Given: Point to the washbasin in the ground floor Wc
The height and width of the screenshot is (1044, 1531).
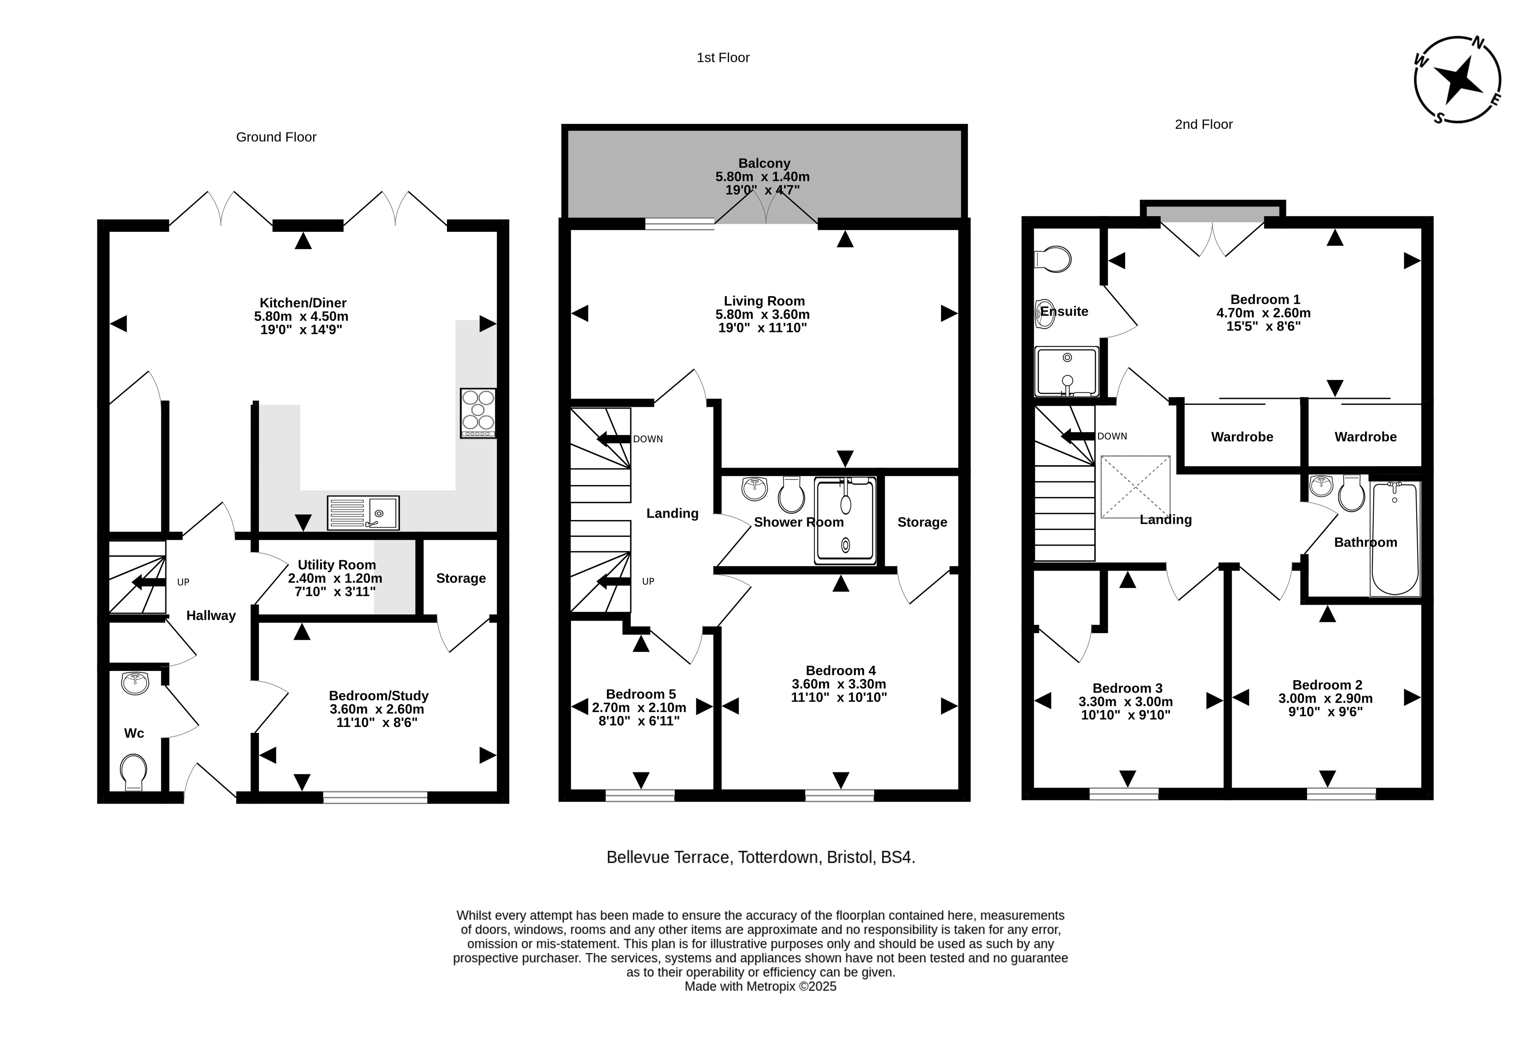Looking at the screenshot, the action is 135,683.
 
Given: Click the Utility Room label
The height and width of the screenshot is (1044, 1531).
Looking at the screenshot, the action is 337,565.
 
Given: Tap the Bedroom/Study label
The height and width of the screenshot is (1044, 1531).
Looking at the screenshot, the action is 379,695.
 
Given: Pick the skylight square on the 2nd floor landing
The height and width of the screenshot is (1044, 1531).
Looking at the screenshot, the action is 1135,487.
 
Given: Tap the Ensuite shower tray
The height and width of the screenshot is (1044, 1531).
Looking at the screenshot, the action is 1066,372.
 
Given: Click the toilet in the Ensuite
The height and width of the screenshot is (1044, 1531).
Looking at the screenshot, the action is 1053,260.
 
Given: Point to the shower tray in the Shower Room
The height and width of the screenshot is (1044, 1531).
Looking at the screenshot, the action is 845,521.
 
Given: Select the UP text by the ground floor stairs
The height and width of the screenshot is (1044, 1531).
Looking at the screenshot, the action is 183,582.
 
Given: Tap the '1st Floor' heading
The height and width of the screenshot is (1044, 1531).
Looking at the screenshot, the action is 723,58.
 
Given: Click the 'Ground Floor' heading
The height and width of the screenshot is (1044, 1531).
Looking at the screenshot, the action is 276,137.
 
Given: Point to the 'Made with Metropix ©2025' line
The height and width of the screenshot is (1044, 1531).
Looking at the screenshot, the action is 760,987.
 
